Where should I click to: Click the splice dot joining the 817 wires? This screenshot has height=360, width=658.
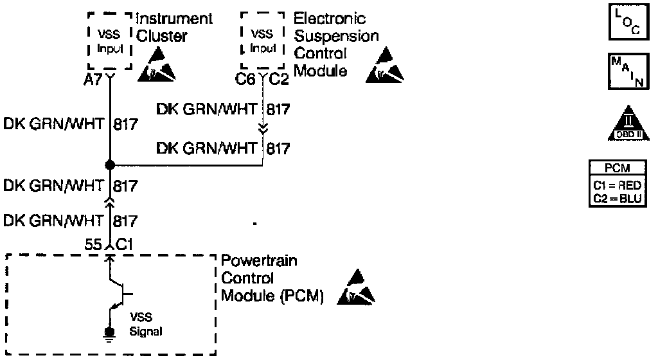[109, 165]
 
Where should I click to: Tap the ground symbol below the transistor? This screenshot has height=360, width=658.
[109, 332]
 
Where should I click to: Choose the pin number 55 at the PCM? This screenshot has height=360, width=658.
[94, 244]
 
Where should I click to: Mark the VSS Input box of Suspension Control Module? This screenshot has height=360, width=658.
[262, 40]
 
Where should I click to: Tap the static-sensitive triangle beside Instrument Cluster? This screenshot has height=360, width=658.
[156, 66]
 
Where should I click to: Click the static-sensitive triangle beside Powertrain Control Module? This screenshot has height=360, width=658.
[360, 288]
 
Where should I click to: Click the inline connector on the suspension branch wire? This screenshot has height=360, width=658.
[263, 127]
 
